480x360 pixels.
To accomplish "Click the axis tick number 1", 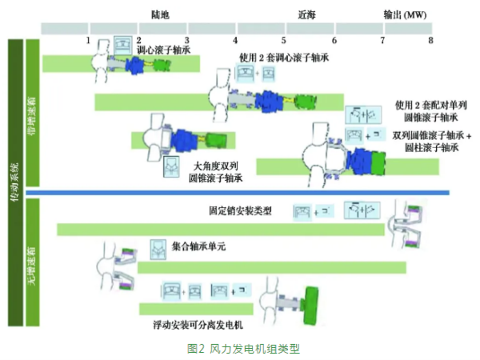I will [88, 39].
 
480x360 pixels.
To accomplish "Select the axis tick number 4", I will [235, 39].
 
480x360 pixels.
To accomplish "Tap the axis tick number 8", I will [430, 39].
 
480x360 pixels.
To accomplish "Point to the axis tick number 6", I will [334, 39].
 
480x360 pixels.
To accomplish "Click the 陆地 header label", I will [160, 14].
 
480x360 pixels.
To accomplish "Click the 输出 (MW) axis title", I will [404, 14].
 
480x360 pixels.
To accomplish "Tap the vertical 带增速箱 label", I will [33, 112].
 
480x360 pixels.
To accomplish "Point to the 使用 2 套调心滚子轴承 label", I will [284, 58].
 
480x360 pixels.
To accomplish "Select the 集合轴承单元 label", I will [199, 247].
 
